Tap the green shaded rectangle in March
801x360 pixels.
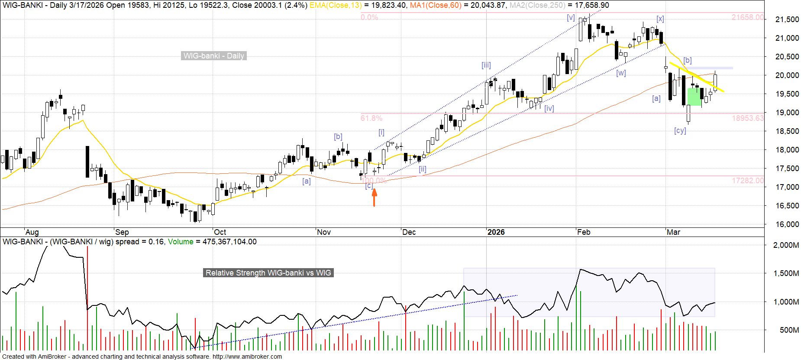(694, 97)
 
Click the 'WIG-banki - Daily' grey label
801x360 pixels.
(214, 56)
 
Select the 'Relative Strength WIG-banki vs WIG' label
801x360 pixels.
(268, 273)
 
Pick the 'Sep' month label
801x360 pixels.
(122, 232)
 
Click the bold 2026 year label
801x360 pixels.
(496, 232)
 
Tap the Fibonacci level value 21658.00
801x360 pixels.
(748, 17)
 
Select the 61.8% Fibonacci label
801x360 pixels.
(371, 118)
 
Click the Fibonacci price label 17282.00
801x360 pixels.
(748, 181)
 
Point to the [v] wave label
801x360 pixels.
(571, 18)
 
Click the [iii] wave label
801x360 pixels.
(486, 65)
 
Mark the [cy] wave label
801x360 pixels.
(680, 130)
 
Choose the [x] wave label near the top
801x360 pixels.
(660, 19)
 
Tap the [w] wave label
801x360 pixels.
(621, 73)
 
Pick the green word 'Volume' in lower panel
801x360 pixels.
(181, 242)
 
